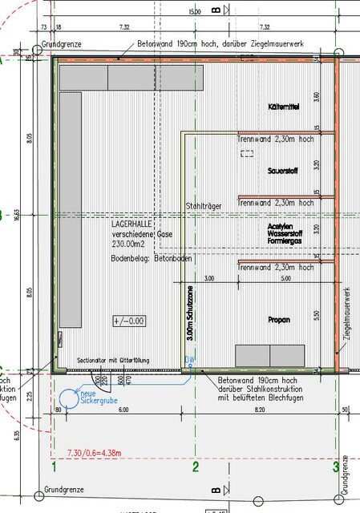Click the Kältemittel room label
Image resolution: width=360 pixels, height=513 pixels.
(284, 107)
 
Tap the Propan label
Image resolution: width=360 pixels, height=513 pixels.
(279, 320)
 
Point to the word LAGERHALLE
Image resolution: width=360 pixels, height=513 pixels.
(131, 225)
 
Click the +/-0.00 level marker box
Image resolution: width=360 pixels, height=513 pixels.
(128, 321)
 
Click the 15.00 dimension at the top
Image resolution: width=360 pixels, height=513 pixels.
(195, 12)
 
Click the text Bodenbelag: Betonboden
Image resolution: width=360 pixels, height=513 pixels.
(152, 259)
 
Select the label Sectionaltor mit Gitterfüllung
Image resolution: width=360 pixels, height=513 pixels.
(112, 361)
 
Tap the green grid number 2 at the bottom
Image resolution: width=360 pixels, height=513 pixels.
(196, 465)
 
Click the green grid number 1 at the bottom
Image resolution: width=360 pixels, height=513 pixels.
(54, 465)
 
